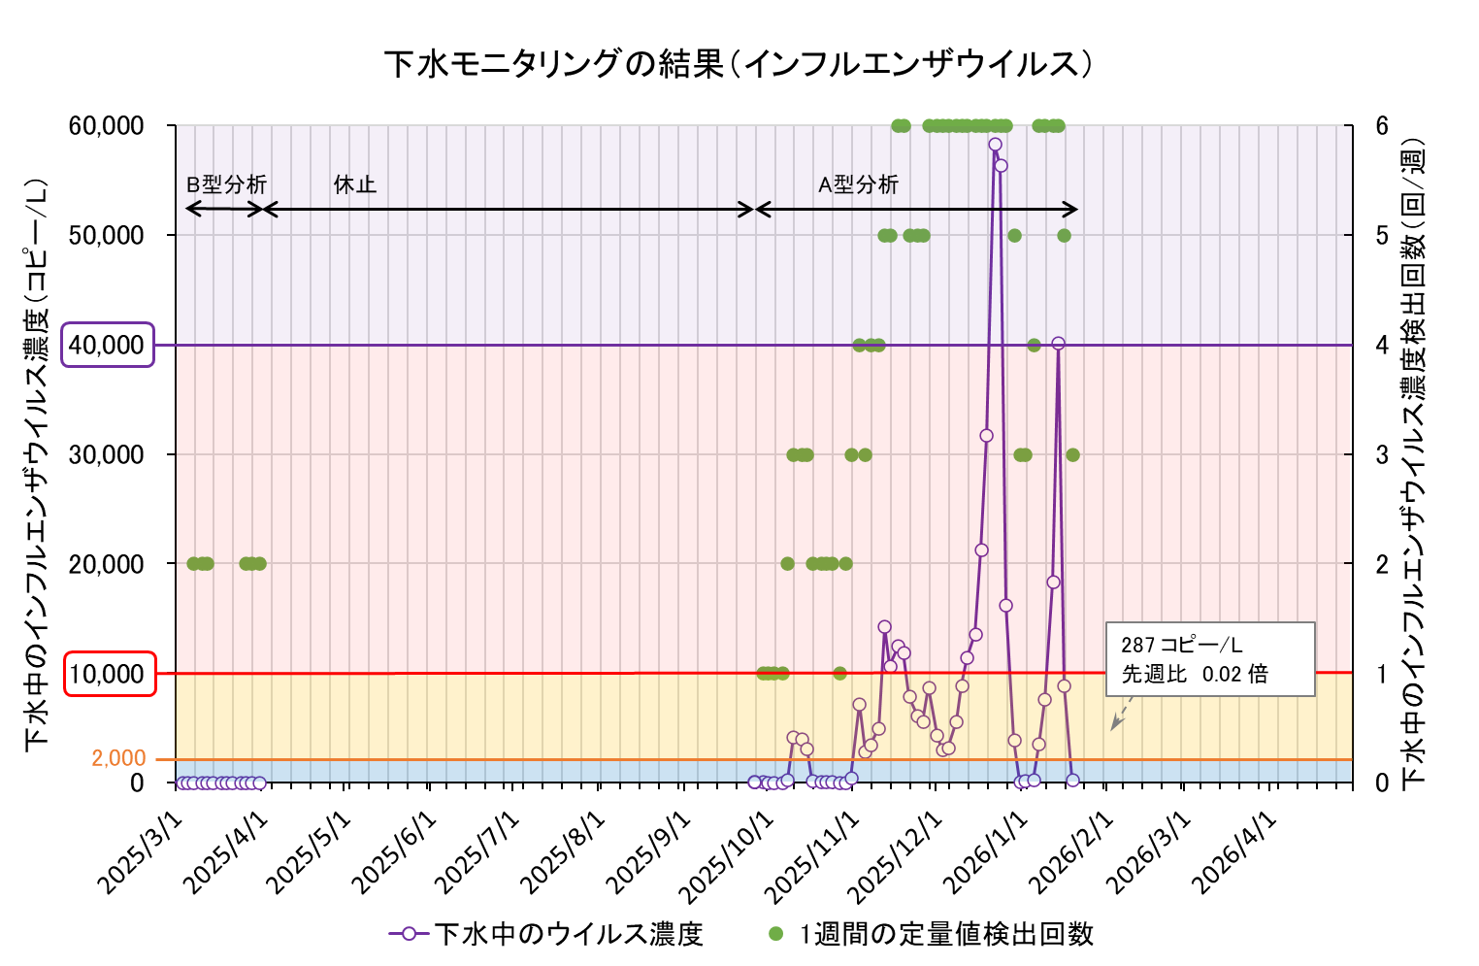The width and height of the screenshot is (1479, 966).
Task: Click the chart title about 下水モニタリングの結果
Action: (x=739, y=64)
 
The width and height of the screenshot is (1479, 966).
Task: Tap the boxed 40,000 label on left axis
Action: (x=108, y=345)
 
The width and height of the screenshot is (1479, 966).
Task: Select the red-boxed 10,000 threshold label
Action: (x=110, y=674)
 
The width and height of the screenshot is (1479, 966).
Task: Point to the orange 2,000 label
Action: (x=118, y=758)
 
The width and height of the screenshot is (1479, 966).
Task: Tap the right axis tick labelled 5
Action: (x=1381, y=235)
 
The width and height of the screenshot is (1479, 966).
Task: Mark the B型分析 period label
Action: (x=226, y=184)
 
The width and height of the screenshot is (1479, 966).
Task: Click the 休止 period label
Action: (x=354, y=184)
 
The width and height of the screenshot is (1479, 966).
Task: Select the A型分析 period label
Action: (x=859, y=184)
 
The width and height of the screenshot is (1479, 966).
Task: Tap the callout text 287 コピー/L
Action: (x=1181, y=645)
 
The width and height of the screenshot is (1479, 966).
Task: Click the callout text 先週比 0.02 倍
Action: (x=1195, y=674)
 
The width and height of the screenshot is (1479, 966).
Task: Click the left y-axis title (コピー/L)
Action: (x=37, y=464)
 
